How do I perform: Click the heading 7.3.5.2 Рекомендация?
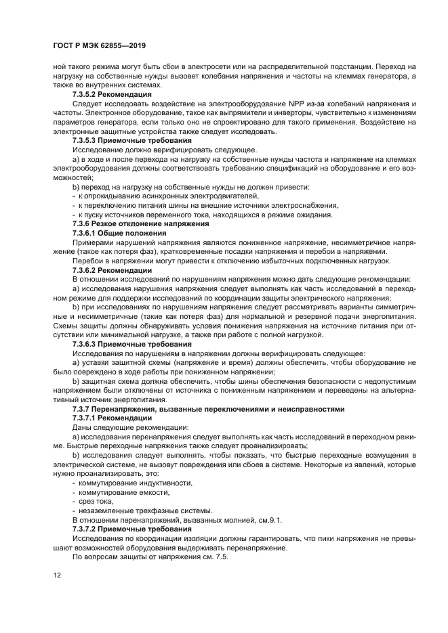[113, 95]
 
